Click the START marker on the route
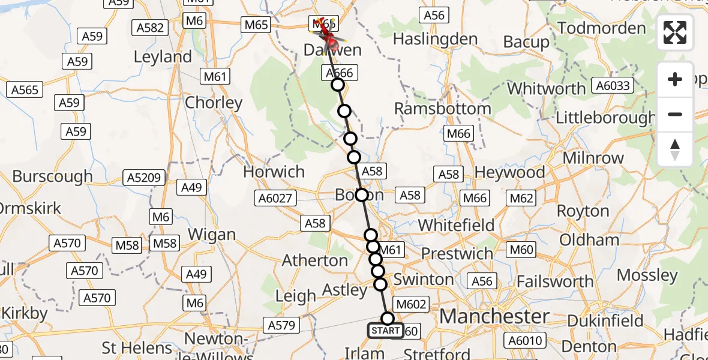385,331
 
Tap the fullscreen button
675,33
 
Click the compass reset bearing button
675,149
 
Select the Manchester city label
494,316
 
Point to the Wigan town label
212,234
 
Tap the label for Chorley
214,103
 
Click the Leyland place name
163,58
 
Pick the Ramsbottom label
443,109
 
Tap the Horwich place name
274,172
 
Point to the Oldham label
589,240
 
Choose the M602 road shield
410,304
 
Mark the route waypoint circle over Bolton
362,195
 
